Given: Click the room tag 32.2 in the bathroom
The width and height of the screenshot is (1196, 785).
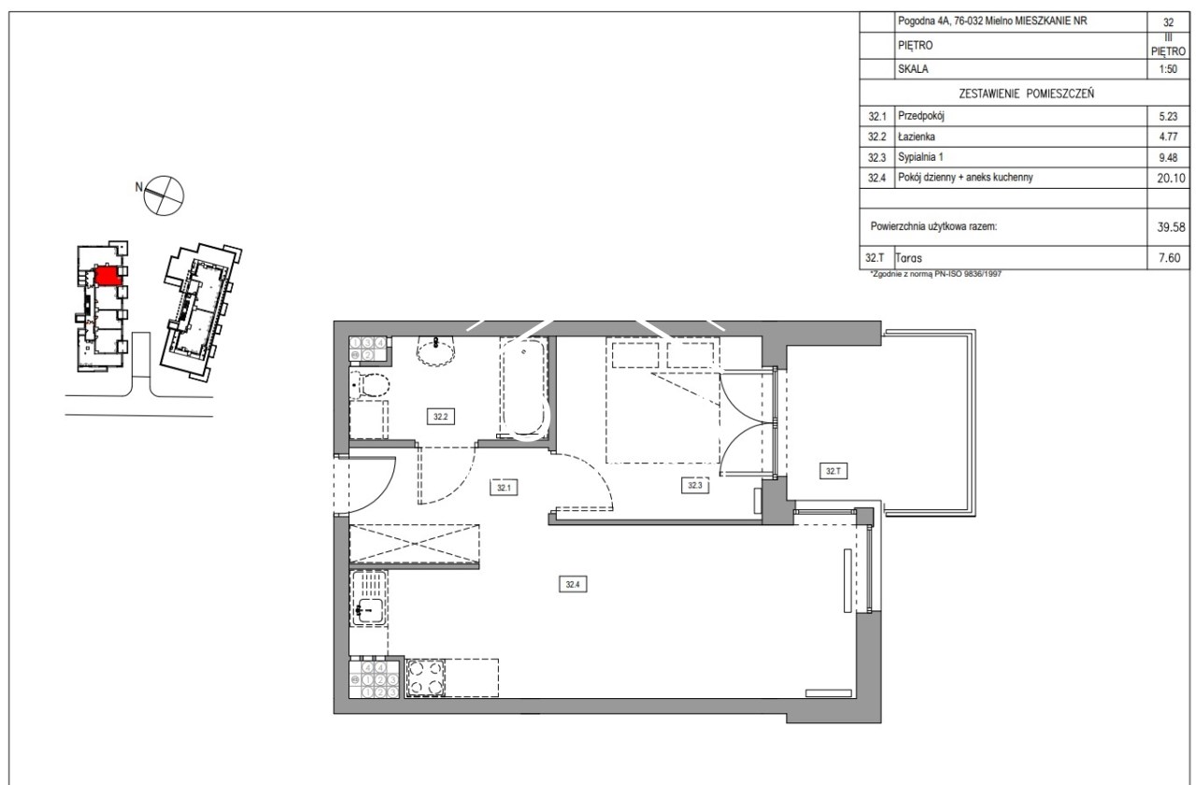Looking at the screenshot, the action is point(440,417).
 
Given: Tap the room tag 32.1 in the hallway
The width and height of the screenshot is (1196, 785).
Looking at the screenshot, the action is point(504,488).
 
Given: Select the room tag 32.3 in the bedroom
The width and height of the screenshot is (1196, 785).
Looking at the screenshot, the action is point(694,485).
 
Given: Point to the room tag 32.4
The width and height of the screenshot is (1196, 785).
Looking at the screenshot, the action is point(573,584).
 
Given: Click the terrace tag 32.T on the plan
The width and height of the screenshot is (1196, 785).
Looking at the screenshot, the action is point(833,471).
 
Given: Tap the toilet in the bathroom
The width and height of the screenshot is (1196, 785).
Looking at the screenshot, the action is point(370,384).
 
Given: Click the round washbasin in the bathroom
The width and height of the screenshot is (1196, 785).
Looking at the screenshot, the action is point(435,351).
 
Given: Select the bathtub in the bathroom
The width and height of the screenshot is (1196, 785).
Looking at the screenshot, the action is point(524,388).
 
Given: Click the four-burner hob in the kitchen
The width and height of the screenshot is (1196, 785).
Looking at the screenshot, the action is point(425,678).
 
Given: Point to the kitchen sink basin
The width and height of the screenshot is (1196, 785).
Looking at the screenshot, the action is point(369,611).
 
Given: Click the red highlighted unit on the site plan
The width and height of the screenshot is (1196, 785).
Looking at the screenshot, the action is point(107,276).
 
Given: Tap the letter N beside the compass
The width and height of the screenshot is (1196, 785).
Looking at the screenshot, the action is point(139,187).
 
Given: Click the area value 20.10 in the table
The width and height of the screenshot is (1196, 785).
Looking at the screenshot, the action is point(1171,178).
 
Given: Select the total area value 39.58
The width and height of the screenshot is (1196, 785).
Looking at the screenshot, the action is point(1171,227).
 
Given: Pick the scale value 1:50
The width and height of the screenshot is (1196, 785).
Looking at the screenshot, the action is point(1168,69).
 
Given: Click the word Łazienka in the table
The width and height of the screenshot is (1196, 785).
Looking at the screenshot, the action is point(917,136).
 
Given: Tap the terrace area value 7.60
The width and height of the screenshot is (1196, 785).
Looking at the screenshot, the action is point(1169,258).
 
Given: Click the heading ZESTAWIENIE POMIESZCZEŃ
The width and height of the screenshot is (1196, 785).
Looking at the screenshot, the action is point(1026,93).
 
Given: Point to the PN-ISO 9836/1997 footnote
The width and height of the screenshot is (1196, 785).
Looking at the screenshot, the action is point(936,274).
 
